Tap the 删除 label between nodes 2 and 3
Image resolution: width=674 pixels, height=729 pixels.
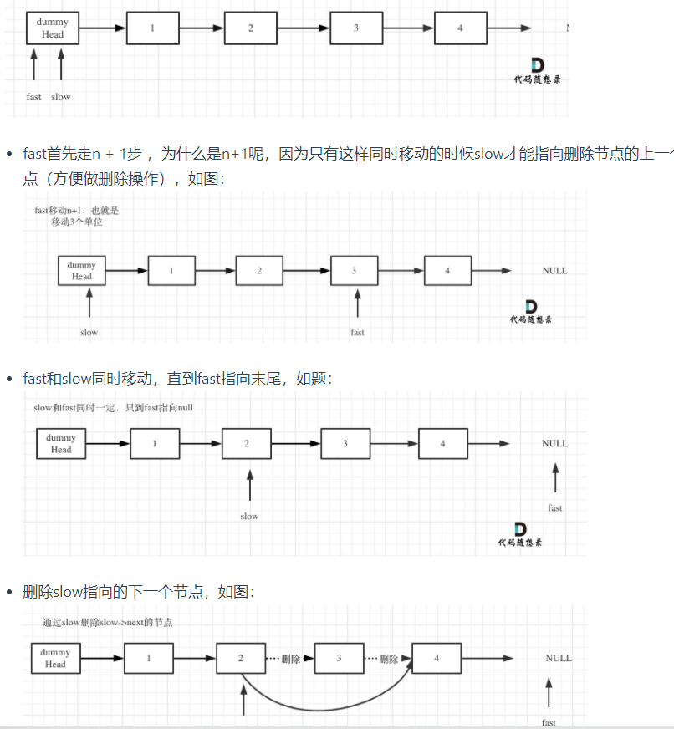[290, 659]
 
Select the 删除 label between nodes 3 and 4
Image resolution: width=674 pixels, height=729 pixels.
[388, 659]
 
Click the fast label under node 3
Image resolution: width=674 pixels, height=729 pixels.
[357, 332]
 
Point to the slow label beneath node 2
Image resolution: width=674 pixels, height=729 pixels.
[249, 516]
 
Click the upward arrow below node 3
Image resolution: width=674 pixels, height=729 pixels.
[357, 303]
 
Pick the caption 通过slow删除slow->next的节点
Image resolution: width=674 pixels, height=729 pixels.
[108, 623]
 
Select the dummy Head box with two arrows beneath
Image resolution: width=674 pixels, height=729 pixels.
[52, 28]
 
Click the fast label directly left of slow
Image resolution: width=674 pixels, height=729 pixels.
[33, 97]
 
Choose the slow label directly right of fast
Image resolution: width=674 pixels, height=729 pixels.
[61, 97]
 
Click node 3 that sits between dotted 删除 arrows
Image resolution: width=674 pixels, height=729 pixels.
[339, 659]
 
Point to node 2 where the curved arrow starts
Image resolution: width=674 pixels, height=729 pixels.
[240, 659]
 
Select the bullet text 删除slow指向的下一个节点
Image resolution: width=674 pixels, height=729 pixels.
[138, 592]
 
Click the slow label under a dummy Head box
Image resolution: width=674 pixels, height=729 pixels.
[89, 332]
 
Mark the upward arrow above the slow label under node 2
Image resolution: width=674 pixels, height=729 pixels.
[249, 485]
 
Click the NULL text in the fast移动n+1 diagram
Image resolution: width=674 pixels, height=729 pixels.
[554, 271]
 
